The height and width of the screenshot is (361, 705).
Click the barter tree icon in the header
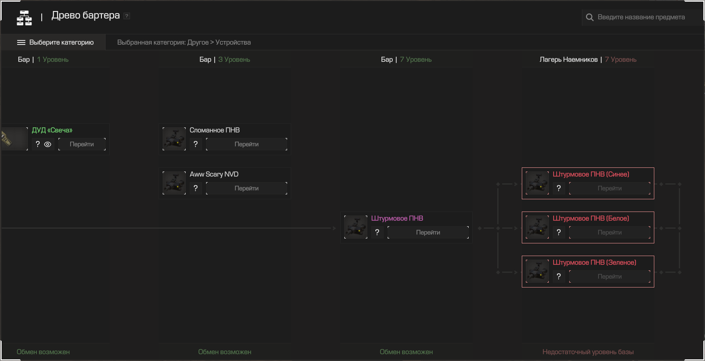(x=24, y=18)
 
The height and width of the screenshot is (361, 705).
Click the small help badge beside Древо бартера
(x=127, y=16)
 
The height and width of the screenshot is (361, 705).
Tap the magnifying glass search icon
(x=590, y=17)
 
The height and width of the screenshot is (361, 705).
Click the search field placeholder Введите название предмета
(x=641, y=17)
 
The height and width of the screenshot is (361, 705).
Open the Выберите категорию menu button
(x=55, y=42)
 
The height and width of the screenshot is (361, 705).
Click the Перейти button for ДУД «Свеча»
(x=82, y=144)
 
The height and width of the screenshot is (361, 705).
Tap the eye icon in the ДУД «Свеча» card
(x=48, y=144)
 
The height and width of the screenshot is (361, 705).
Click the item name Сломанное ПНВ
(x=215, y=130)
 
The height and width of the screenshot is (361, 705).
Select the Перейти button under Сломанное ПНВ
(x=247, y=144)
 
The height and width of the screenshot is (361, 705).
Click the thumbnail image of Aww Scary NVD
(x=174, y=183)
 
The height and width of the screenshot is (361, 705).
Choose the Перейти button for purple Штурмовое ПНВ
(x=428, y=232)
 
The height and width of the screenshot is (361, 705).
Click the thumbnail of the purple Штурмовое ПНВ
(x=356, y=227)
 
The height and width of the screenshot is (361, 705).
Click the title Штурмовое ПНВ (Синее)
(x=591, y=174)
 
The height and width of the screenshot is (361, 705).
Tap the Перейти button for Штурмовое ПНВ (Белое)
(x=610, y=232)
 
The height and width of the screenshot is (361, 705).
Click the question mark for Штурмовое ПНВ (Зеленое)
(x=559, y=276)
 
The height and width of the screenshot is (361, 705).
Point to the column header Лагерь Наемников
(x=568, y=60)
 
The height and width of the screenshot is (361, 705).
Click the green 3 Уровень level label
(x=234, y=60)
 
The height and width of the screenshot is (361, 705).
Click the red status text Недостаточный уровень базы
(x=588, y=352)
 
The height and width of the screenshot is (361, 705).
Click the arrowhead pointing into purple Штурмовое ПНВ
(x=335, y=228)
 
